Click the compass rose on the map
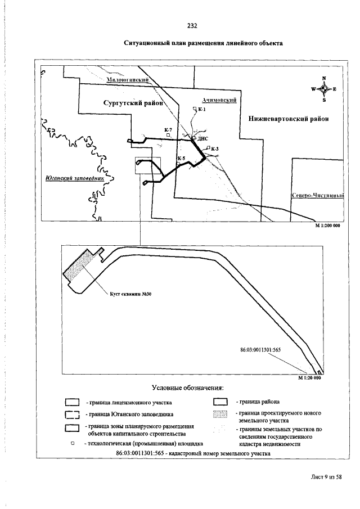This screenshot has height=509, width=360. tap(324, 89)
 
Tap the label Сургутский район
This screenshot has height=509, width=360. tap(133, 103)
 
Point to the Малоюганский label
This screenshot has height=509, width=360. tap(127, 80)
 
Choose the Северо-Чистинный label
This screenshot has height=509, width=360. tap(318, 195)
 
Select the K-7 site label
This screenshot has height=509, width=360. tap(168, 130)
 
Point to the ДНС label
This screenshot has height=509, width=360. tap(203, 138)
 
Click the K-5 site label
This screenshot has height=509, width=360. tap(181, 159)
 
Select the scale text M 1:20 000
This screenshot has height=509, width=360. tap(308, 378)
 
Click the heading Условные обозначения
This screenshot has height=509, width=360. tap(188, 388)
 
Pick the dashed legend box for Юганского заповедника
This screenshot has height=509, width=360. tap(71, 415)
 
